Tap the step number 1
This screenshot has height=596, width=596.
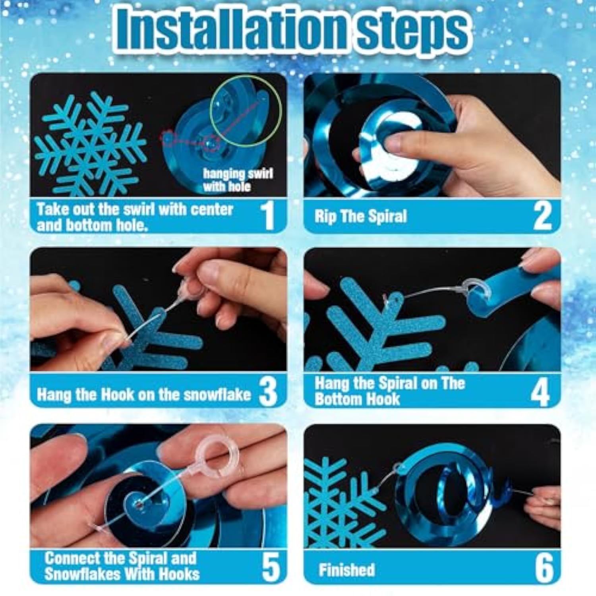point(269,216)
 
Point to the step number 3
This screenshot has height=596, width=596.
point(268,391)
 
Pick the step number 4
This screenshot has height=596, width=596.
point(540,391)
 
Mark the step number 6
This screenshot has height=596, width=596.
point(544,567)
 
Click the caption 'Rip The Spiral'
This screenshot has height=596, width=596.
point(361,217)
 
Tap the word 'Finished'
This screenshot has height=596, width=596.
point(346,570)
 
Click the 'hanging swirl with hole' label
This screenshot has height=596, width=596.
point(238,180)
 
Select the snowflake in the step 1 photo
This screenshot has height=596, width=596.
point(91,145)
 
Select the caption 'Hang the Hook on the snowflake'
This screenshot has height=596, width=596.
point(143,395)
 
